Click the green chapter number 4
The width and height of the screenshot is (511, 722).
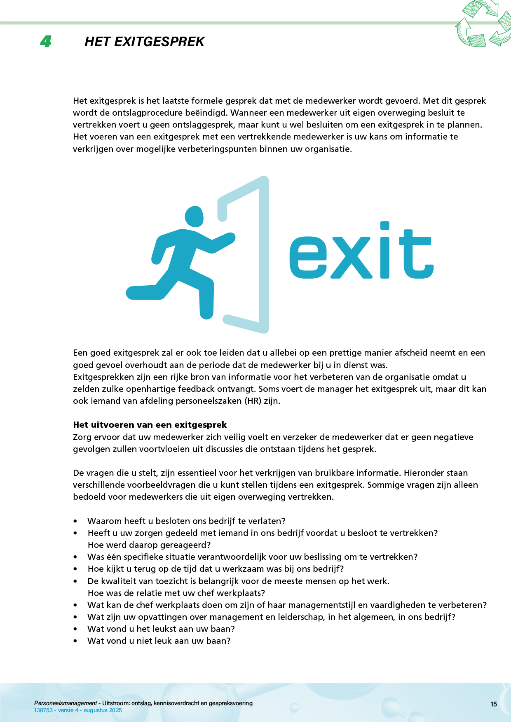(x=46, y=42)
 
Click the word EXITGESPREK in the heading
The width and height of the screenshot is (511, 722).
(x=159, y=42)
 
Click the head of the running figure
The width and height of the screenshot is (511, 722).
(x=194, y=216)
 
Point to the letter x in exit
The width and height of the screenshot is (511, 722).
(x=352, y=257)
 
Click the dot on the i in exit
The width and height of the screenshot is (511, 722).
(x=384, y=226)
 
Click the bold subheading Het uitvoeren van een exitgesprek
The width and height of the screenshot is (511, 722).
(x=150, y=425)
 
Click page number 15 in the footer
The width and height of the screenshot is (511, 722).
(x=494, y=704)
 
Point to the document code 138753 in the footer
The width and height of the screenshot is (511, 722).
(x=42, y=710)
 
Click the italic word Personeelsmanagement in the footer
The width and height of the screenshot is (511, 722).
(x=66, y=703)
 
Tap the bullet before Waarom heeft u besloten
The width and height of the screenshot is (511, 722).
(x=75, y=521)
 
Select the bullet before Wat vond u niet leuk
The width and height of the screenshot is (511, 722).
(x=75, y=641)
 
